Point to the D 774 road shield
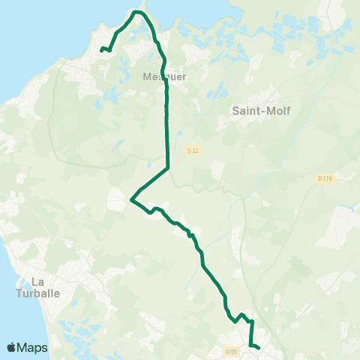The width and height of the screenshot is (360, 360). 325,178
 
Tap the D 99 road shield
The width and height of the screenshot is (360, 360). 232,351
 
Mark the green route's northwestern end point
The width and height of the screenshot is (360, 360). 101,49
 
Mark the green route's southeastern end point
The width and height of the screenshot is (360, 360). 258,347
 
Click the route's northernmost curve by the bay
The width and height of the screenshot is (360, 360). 137,12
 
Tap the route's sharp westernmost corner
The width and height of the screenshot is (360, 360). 131,200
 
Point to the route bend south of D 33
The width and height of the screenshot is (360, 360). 167,167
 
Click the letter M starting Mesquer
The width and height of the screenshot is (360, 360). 145,76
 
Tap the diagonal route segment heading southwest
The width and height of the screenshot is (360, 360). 150,183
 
